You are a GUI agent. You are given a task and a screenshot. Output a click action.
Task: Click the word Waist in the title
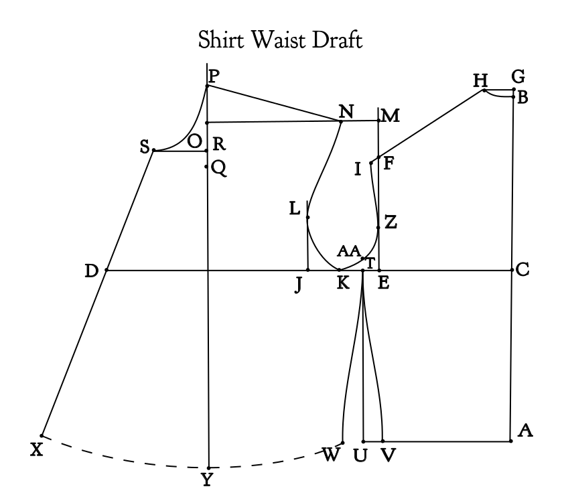pos(279,40)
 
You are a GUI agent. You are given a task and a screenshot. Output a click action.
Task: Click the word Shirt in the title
pos(221,40)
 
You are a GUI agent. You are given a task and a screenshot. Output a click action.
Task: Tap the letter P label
pos(214,76)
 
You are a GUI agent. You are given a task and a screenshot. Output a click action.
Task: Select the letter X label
pos(37,449)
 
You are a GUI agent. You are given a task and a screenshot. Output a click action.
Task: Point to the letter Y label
pos(207,480)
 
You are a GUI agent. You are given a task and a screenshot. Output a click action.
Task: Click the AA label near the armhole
pos(348,251)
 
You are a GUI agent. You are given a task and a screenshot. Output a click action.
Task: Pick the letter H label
pos(480,80)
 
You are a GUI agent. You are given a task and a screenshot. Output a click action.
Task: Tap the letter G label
pos(518,76)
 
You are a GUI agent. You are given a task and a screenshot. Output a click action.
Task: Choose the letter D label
pos(91,271)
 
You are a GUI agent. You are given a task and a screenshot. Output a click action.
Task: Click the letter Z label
pos(391,222)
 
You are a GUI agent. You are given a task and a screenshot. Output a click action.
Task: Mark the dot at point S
pos(154,150)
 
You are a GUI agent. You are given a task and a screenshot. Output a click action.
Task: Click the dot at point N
pos(341,122)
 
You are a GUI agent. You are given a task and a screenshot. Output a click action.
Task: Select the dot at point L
pos(307,217)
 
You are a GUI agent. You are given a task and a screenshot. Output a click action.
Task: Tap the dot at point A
pos(511,441)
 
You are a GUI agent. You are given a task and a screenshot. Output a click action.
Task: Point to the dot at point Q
pos(206,167)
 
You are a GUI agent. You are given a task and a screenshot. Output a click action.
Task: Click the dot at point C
pos(512,270)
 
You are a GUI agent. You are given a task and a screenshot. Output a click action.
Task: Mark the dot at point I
pos(371,163)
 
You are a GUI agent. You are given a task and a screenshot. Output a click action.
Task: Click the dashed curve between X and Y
pos(123,460)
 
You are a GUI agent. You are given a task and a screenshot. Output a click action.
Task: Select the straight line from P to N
pos(274,104)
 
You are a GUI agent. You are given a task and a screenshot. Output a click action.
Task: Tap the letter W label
pos(330,455)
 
